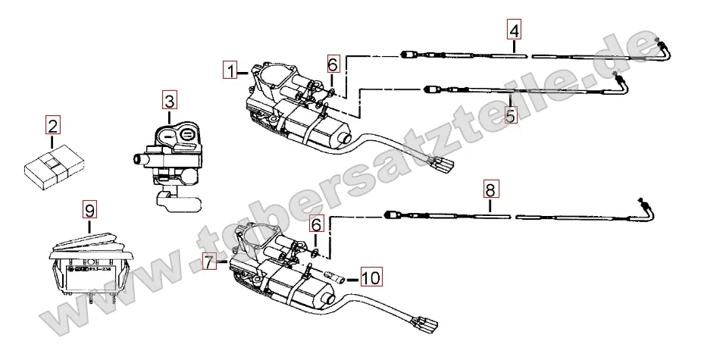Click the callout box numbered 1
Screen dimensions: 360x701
(x=230, y=71)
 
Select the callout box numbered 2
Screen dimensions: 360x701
(x=52, y=125)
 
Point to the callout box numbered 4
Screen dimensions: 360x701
(x=515, y=32)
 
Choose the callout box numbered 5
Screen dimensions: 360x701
(x=509, y=116)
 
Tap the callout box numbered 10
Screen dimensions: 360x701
(x=371, y=277)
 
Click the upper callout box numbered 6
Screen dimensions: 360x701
(x=332, y=65)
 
